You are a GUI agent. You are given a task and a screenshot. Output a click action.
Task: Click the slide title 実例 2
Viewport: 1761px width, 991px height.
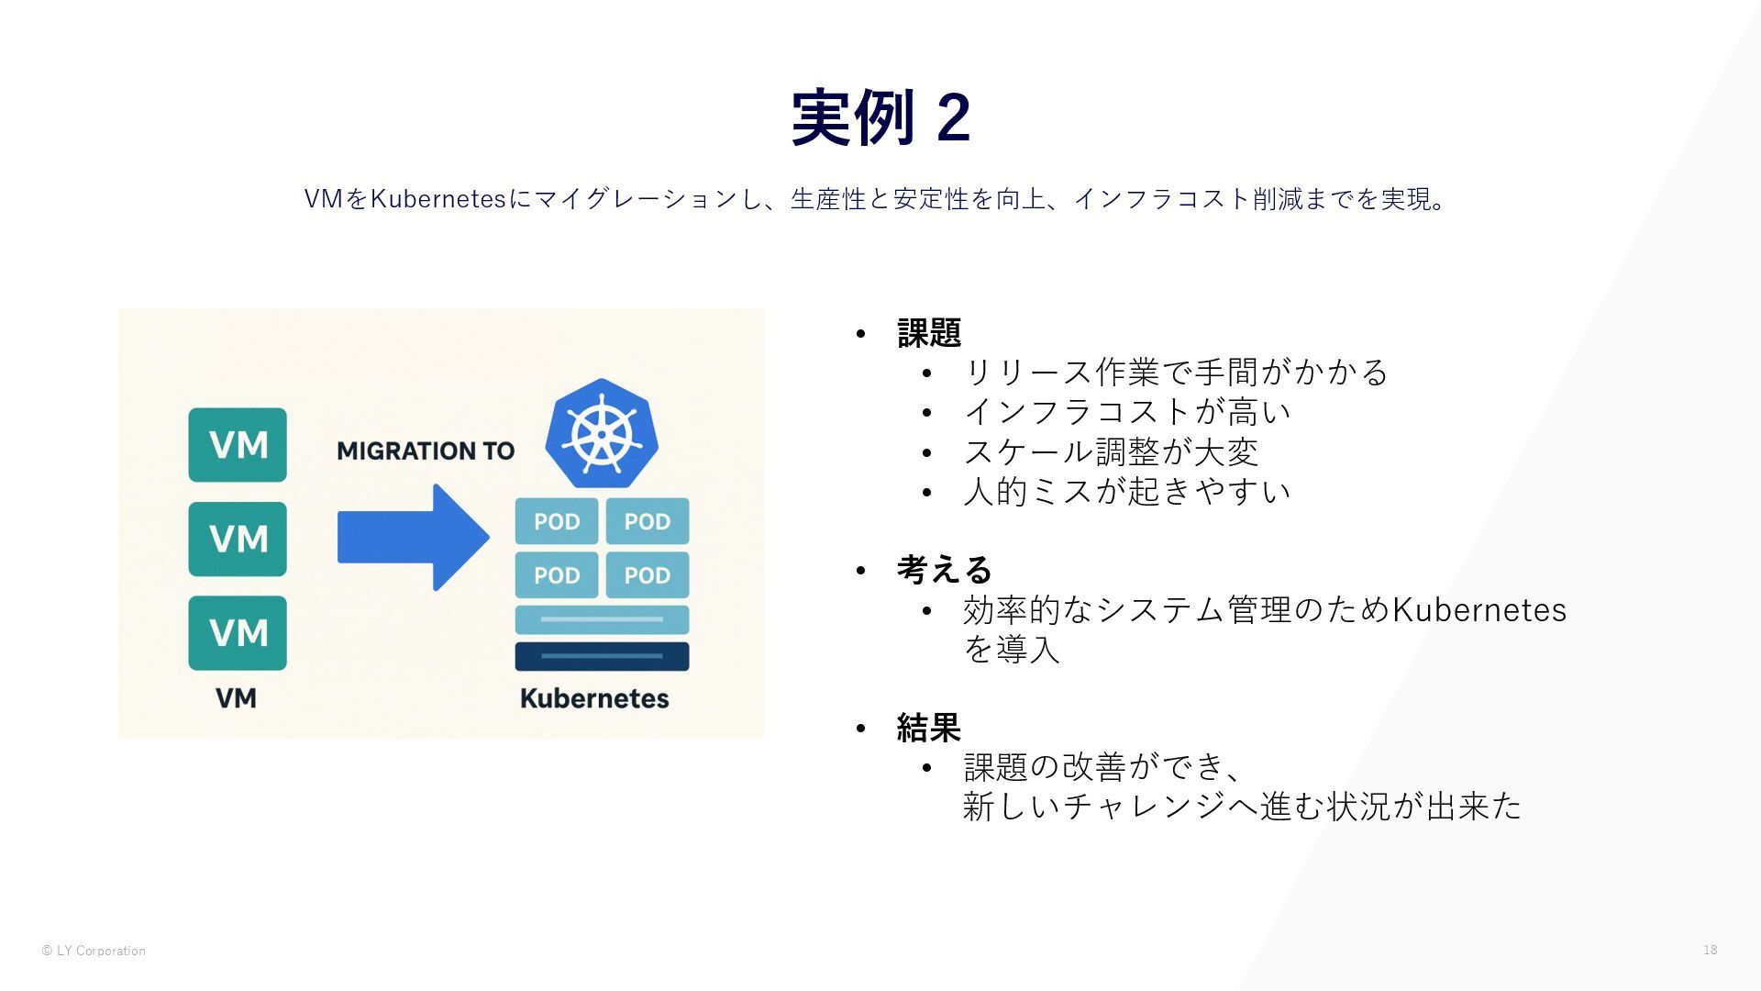point(880,117)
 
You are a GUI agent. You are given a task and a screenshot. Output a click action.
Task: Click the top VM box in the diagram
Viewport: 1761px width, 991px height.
point(238,445)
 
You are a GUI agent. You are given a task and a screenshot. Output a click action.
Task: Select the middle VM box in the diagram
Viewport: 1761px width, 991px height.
point(238,539)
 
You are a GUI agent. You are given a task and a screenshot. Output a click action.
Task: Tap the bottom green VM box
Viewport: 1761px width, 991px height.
point(238,633)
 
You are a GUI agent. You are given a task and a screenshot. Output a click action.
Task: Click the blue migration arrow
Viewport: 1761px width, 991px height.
point(413,538)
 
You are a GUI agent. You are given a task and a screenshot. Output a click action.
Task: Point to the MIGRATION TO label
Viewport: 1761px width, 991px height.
point(426,451)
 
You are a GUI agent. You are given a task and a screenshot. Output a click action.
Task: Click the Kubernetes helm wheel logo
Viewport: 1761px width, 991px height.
point(602,433)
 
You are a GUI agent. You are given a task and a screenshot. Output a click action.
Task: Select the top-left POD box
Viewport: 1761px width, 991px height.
point(557,521)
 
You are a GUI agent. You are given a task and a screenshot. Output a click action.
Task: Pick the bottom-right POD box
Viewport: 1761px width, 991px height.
point(648,575)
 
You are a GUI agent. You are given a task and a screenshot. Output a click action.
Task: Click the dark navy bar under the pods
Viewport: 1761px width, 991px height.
point(602,656)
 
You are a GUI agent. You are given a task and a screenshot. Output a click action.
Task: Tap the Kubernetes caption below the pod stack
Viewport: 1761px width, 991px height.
point(594,698)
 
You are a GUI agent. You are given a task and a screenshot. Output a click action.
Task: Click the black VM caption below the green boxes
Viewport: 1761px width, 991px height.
point(236,698)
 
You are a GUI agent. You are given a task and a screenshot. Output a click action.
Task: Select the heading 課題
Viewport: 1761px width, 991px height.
point(928,332)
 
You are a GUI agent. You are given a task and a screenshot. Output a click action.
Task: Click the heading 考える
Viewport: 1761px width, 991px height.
point(944,570)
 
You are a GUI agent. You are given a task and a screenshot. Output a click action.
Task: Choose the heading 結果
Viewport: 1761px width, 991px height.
point(928,728)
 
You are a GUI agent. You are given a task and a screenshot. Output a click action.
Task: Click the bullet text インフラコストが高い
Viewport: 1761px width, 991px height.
point(1126,412)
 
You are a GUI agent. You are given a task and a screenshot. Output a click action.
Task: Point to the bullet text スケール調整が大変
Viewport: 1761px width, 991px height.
point(1111,451)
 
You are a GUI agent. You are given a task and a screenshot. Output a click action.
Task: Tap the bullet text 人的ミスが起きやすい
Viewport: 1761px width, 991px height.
point(1126,492)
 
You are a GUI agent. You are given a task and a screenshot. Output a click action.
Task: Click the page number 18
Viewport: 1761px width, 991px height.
point(1710,950)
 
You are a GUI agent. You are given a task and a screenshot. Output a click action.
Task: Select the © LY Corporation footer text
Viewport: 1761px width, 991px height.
point(94,951)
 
